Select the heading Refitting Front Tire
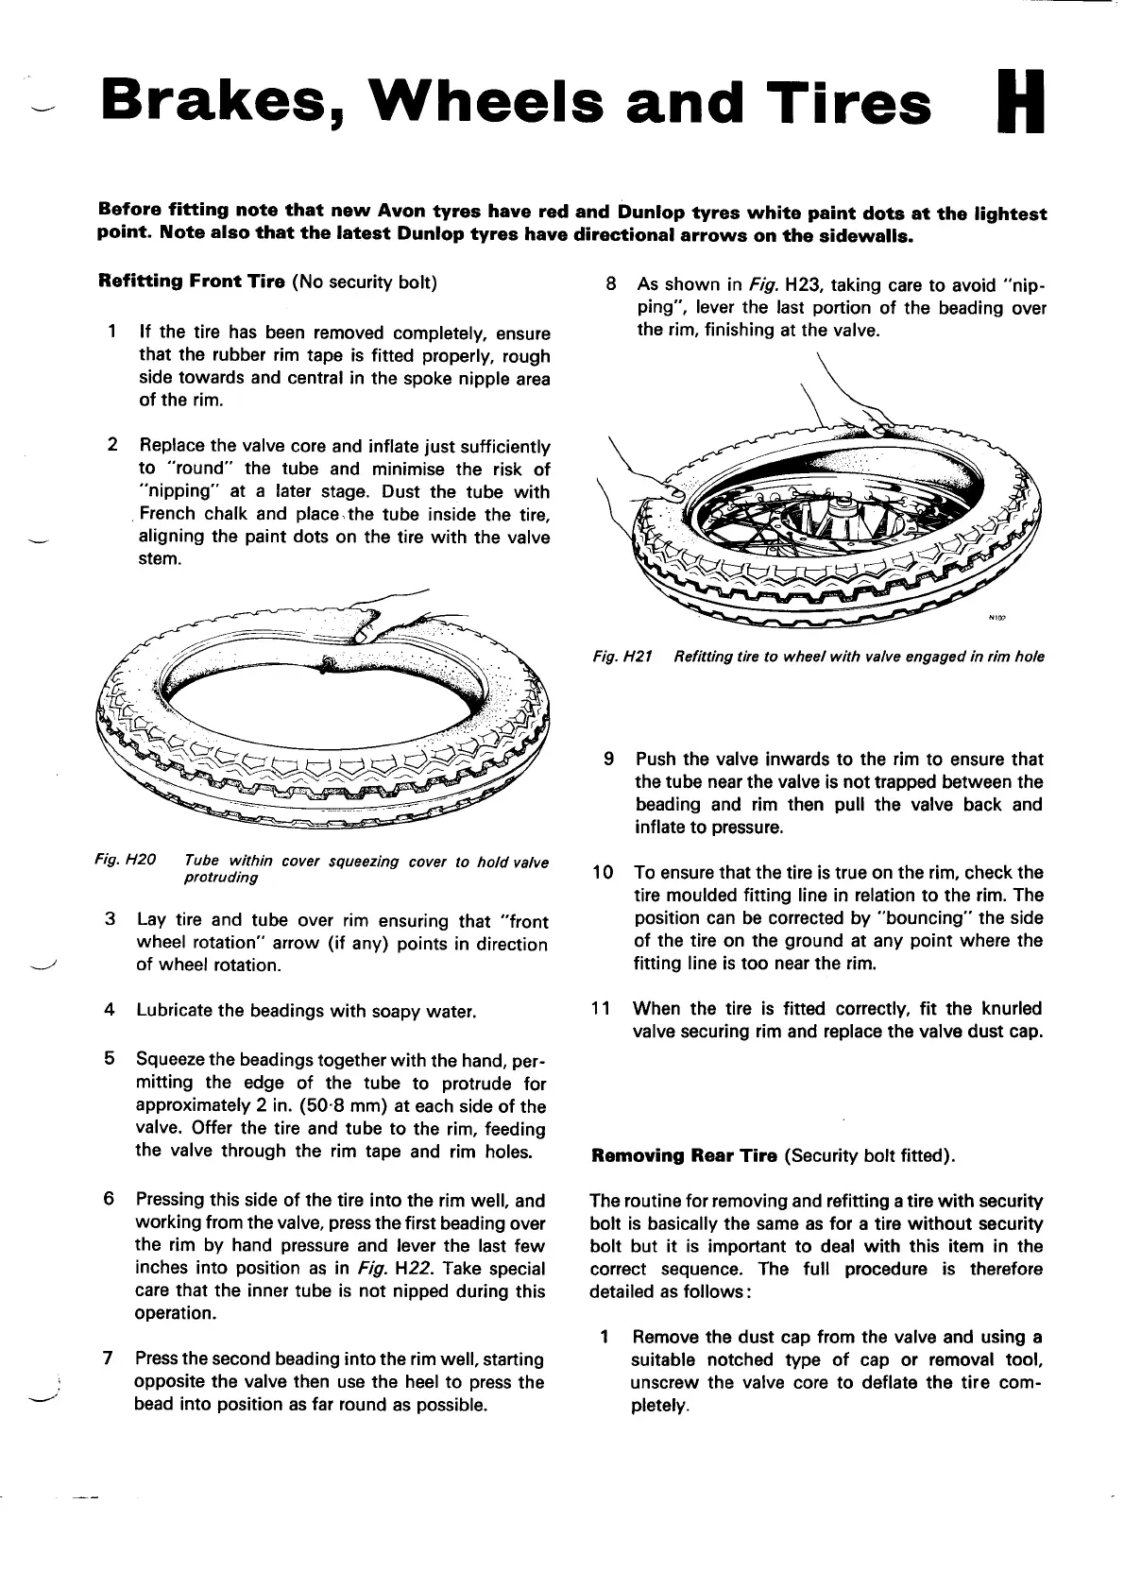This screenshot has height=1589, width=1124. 192,282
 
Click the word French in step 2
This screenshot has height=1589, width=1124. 167,514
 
